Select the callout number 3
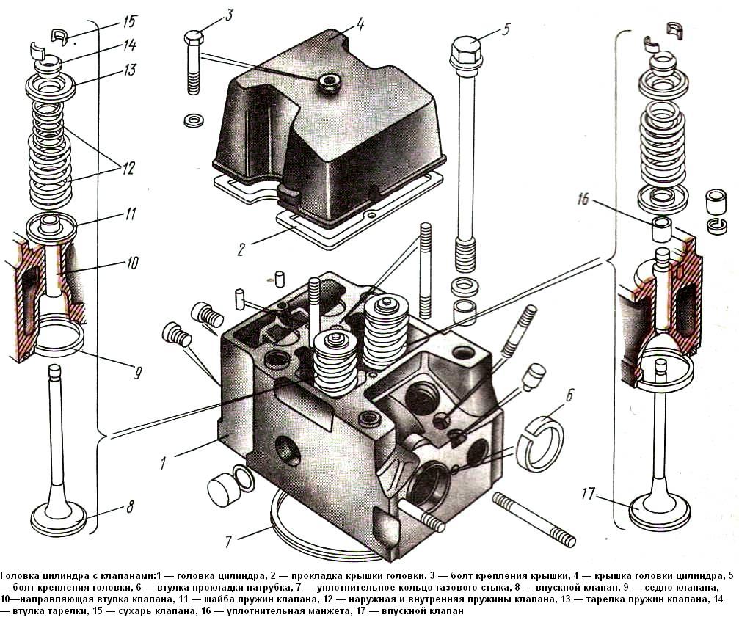coord(230,15)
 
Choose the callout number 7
coord(229,543)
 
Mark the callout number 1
coord(164,462)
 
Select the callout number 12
coord(128,167)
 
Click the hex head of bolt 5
coord(463,49)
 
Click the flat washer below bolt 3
coord(194,117)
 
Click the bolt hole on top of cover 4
coord(326,82)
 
